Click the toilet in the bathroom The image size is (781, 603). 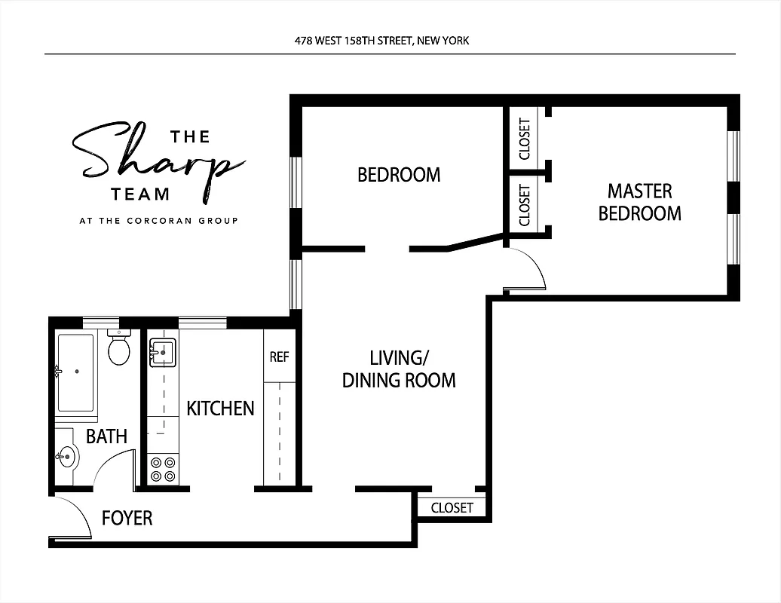119,350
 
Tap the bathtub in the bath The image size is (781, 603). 75,372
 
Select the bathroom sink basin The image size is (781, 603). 68,457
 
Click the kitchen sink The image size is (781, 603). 162,352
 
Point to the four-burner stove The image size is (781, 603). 163,469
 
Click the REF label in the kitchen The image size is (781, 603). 279,357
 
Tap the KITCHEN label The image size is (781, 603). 220,409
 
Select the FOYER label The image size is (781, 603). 127,518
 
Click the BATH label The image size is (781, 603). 106,436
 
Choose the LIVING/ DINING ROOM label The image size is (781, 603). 399,369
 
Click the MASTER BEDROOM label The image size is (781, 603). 639,202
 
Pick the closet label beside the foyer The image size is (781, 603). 452,508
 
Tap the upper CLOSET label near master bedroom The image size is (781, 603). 525,138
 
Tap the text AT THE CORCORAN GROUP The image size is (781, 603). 158,221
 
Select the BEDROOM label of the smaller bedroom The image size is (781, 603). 399,175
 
